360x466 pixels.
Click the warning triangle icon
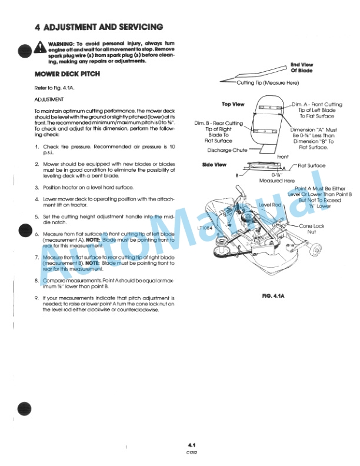tap(40, 46)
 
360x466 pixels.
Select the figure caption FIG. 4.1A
tap(272, 296)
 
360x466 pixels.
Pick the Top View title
tap(233, 104)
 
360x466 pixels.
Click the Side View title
tap(214, 165)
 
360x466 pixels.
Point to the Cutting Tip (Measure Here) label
tap(268, 83)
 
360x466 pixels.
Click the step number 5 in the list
tap(37, 217)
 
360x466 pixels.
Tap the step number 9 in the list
tap(37, 298)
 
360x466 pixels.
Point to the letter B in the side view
tap(238, 175)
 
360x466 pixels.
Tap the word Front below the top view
tap(284, 157)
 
